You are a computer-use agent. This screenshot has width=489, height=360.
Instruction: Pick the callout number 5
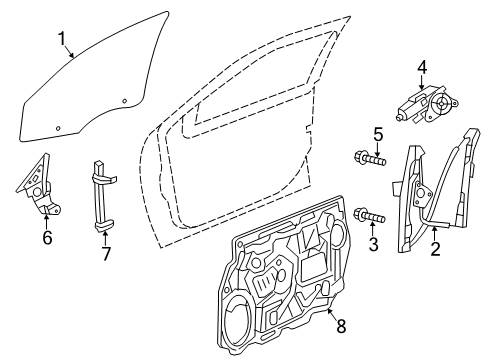pos(378,133)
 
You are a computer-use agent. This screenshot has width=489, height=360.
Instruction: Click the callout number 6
pos(46,238)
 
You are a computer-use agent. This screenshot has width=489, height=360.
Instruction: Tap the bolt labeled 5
pos(368,156)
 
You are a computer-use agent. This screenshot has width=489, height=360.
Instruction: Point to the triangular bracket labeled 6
pos(36,190)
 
